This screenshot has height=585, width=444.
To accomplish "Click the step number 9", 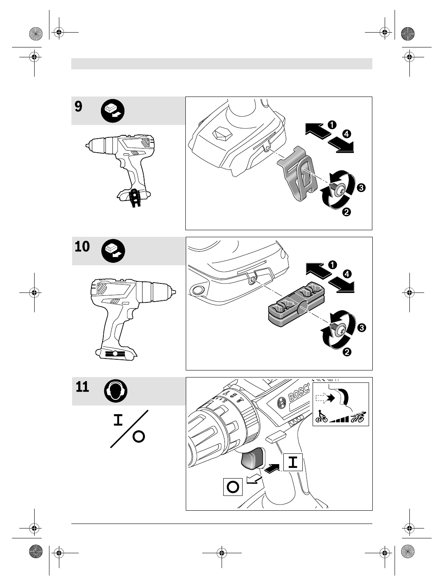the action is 79,107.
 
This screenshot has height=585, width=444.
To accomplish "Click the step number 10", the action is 82,247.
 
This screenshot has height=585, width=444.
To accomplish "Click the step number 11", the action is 82,387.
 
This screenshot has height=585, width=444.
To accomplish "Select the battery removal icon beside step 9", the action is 113,111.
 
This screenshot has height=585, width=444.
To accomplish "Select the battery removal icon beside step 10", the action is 113,250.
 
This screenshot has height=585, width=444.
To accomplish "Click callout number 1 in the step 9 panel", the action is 332,124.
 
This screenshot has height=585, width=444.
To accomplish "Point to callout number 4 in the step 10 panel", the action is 347,274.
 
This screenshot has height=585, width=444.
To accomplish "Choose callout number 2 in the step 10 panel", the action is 347,352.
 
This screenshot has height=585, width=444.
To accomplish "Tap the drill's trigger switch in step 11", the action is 252,459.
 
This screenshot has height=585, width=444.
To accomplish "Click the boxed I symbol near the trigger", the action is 293,462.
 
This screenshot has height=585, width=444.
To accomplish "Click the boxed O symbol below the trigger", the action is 233,486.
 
